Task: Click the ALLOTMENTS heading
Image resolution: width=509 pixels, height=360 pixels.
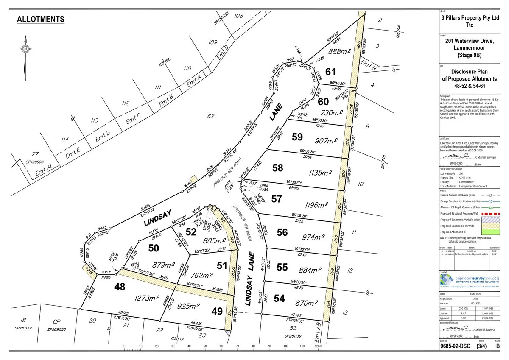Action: (x=40, y=20)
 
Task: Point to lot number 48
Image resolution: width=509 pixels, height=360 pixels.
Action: (x=120, y=287)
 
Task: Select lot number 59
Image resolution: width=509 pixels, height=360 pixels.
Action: (x=297, y=137)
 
